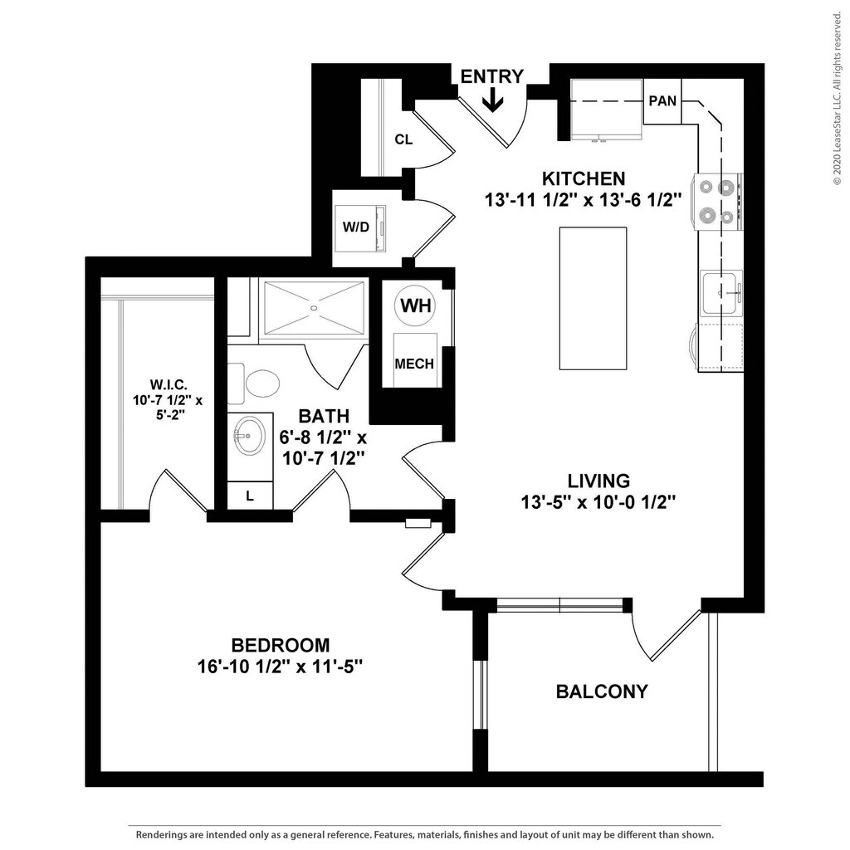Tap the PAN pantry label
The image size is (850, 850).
pos(662,101)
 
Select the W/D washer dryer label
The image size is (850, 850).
pos(356,227)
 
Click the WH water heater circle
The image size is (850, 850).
pos(416,305)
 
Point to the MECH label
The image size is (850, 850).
pos(414,364)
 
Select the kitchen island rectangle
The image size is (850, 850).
pos(593,298)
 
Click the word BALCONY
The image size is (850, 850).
pos(602,691)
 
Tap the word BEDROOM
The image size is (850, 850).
pos(281,645)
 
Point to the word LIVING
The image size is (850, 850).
pos(598,481)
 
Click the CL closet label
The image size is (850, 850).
pos(403,139)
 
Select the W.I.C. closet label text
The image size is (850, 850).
pos(169,385)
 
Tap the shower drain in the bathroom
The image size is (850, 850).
pos(314,309)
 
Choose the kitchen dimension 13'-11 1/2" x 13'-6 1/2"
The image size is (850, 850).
pos(584,200)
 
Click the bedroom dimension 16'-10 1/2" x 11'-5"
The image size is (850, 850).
pos(281,666)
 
